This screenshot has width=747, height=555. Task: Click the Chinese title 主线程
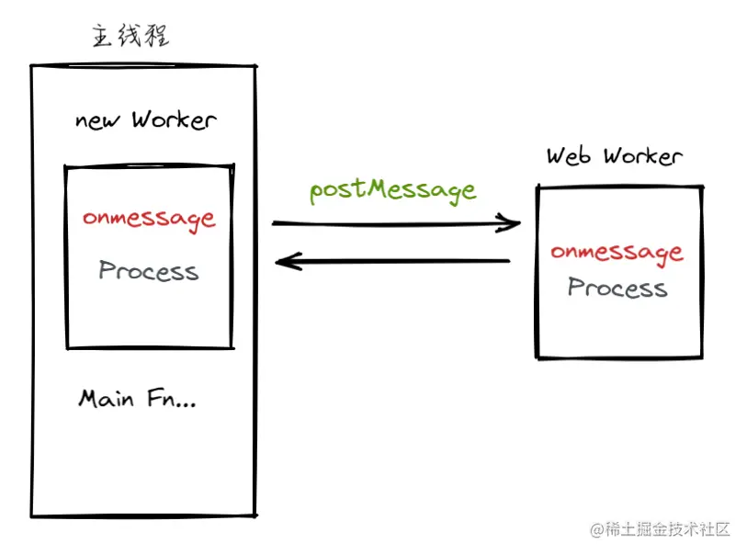click(x=130, y=36)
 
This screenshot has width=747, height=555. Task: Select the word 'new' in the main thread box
click(x=97, y=121)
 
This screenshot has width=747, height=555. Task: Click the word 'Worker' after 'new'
click(x=175, y=119)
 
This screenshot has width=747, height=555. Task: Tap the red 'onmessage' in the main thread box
click(x=149, y=220)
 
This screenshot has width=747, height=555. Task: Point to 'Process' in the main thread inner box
click(x=149, y=270)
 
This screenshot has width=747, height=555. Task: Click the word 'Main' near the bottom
click(x=106, y=399)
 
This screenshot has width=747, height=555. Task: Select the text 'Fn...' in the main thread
click(x=172, y=398)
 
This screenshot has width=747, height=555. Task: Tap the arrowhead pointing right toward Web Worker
click(x=510, y=222)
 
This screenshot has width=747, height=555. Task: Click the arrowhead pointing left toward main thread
click(x=288, y=262)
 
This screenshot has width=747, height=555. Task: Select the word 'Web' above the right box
click(x=569, y=156)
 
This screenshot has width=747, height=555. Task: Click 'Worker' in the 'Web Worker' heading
click(x=643, y=156)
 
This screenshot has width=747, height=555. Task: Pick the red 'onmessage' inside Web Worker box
click(x=617, y=253)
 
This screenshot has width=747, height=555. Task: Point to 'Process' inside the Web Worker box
click(x=617, y=288)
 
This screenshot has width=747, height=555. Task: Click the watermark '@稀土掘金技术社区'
click(x=660, y=529)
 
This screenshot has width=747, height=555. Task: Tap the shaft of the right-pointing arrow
click(x=396, y=223)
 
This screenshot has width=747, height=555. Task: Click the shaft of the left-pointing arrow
click(x=392, y=261)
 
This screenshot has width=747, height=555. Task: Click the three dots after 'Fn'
click(x=186, y=405)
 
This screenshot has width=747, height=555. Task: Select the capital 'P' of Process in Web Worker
click(x=576, y=287)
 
